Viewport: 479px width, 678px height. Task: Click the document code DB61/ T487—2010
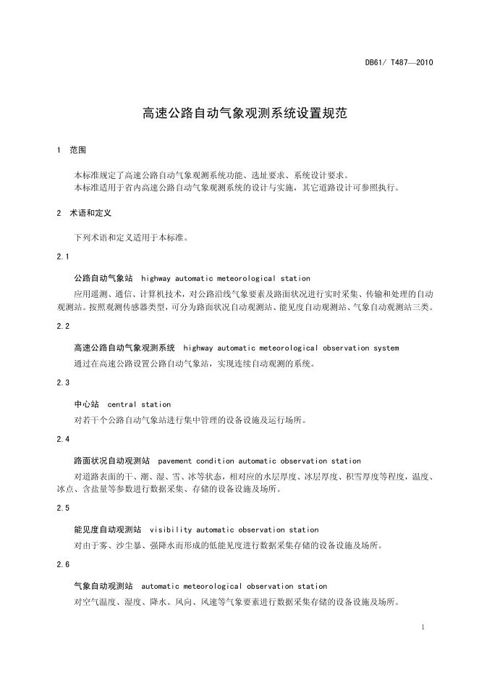tap(399, 62)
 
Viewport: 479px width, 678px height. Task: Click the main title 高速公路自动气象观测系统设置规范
tap(239, 113)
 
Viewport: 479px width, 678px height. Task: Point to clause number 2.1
tap(63, 257)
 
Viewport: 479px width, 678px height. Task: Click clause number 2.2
tap(63, 327)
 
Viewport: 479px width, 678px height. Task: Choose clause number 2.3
tap(63, 382)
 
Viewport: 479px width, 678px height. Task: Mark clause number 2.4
tap(63, 439)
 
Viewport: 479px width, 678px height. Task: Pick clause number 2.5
tap(63, 508)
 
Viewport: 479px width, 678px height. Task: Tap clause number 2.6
tap(63, 564)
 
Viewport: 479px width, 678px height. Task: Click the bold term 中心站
tap(86, 404)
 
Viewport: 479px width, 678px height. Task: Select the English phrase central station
tap(139, 404)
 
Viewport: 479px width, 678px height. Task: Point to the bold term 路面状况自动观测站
tap(111, 461)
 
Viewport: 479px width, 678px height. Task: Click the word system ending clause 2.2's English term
tap(386, 348)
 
